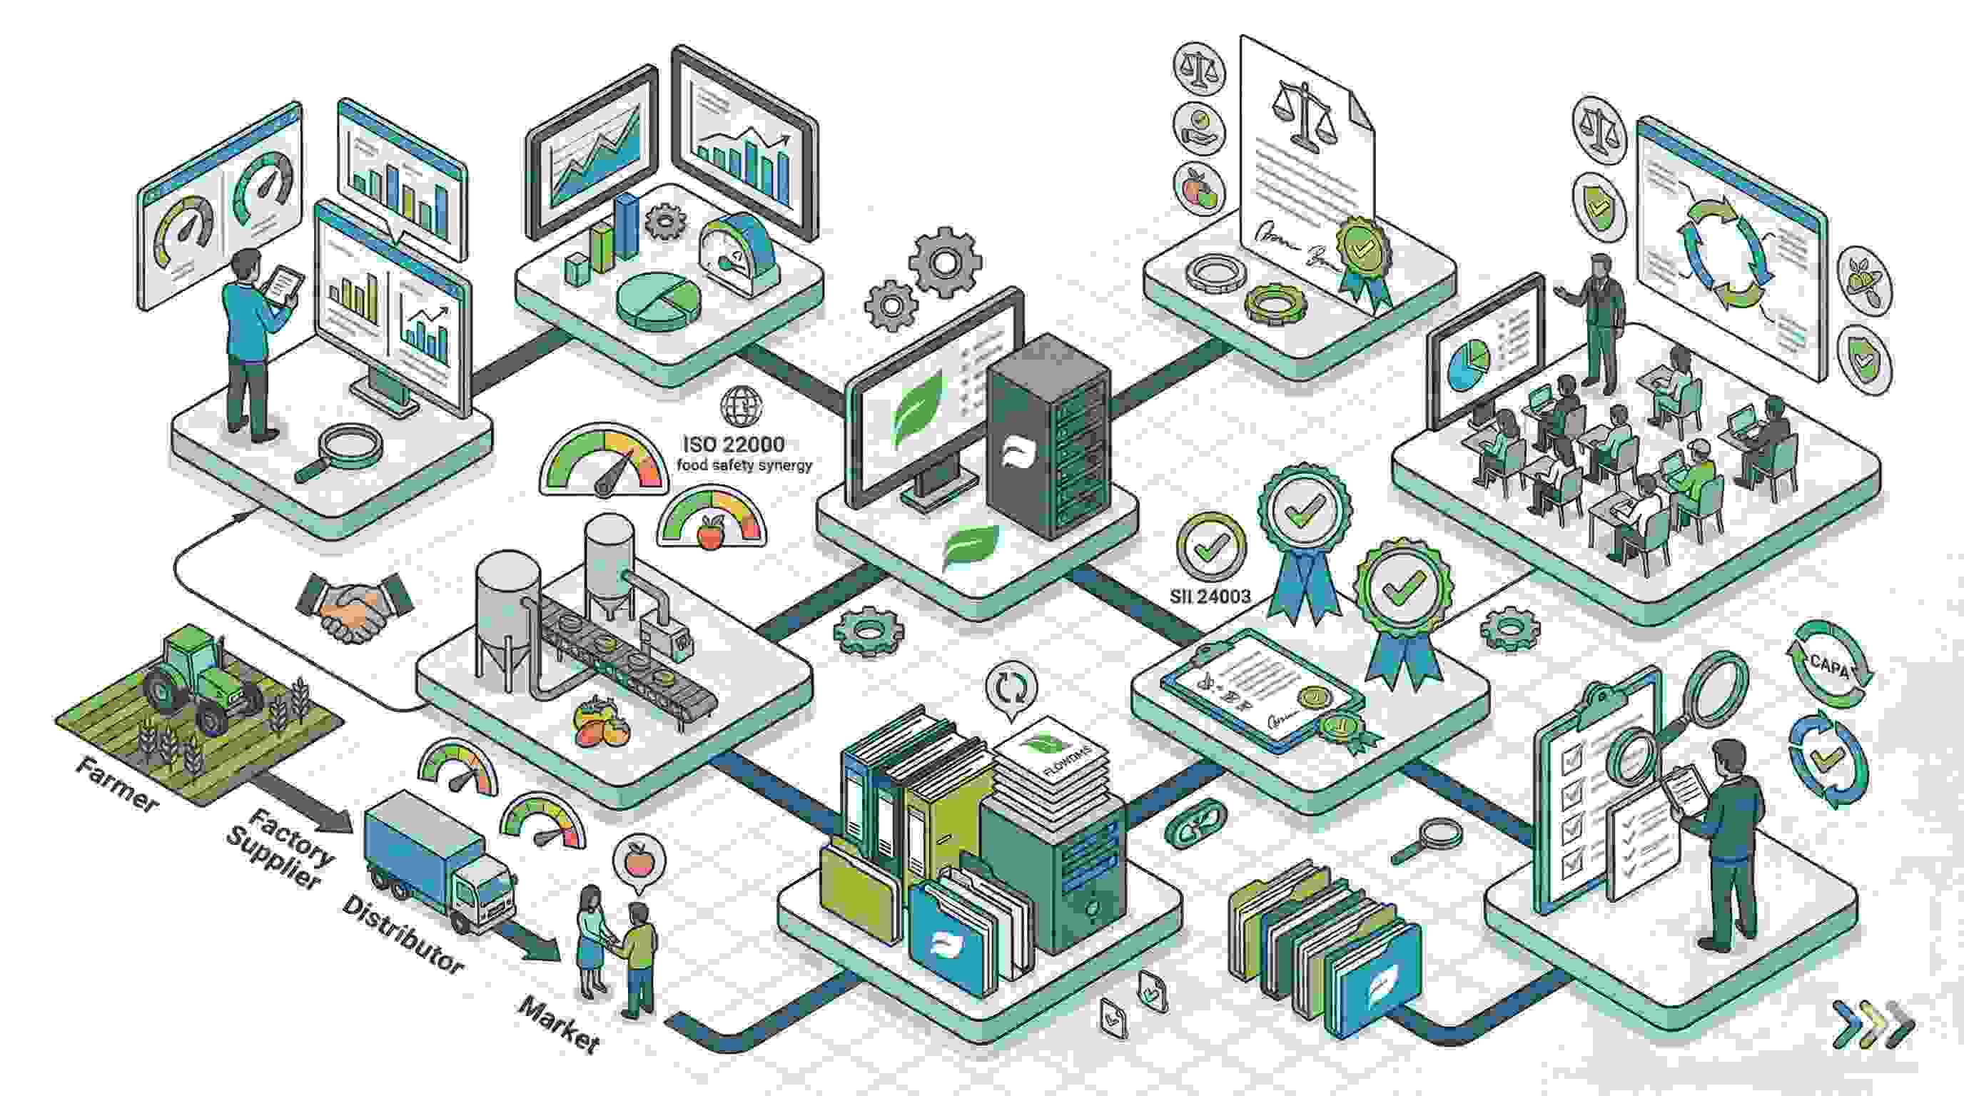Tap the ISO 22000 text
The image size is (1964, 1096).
click(x=734, y=444)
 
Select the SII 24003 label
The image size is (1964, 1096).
click(x=1210, y=596)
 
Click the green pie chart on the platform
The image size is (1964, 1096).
click(x=657, y=301)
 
